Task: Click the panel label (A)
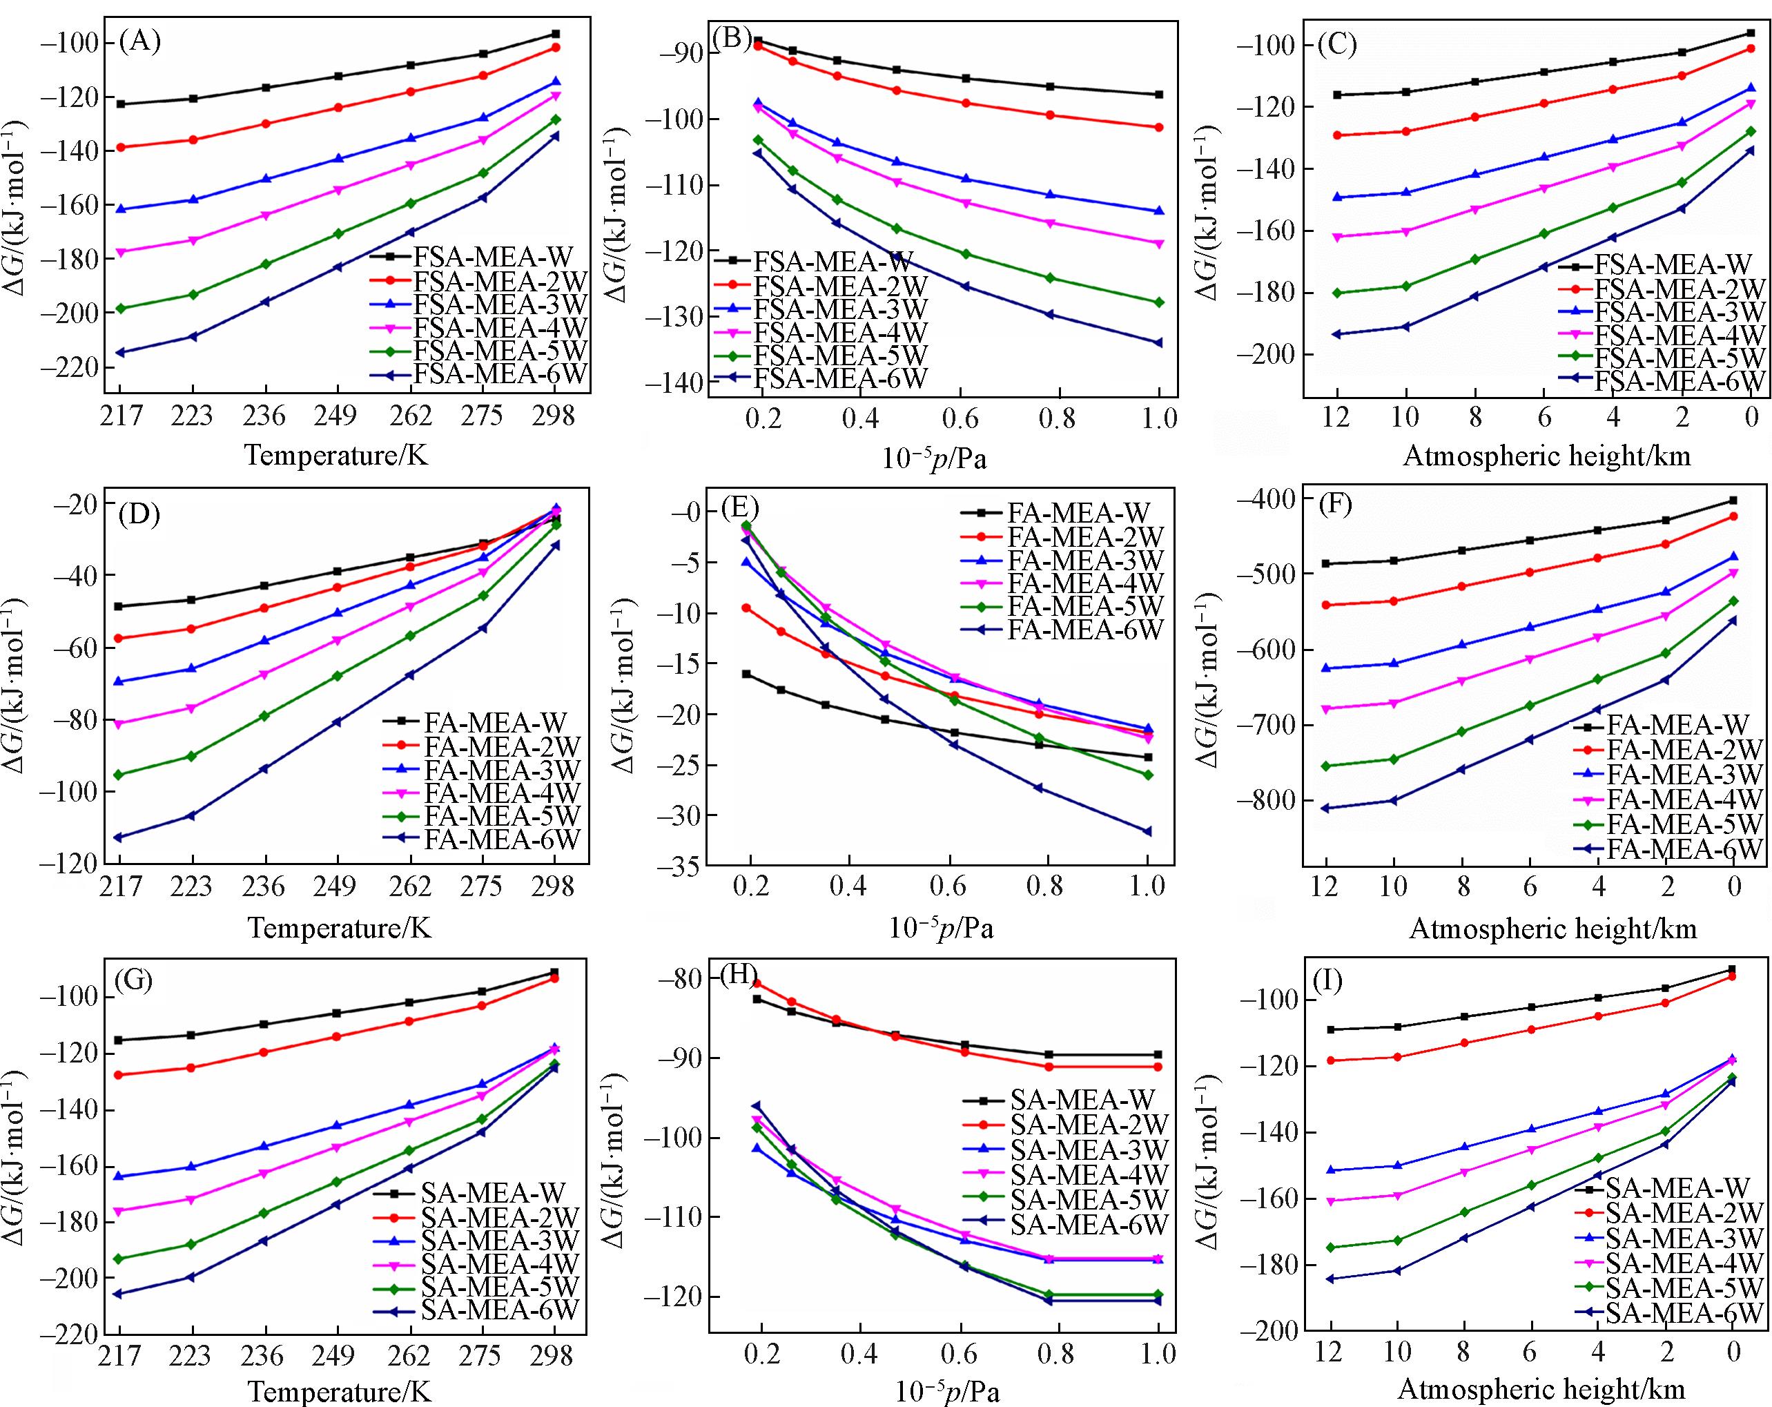[139, 41]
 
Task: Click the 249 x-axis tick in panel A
[336, 417]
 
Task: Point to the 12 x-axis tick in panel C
[1337, 418]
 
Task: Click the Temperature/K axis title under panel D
[339, 929]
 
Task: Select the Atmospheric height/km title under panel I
[1541, 1390]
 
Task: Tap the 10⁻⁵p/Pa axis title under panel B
[934, 458]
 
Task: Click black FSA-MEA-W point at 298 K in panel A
[556, 34]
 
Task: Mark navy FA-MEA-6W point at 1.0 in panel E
[1147, 831]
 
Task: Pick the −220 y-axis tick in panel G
[72, 1335]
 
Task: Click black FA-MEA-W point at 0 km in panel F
[1733, 500]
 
